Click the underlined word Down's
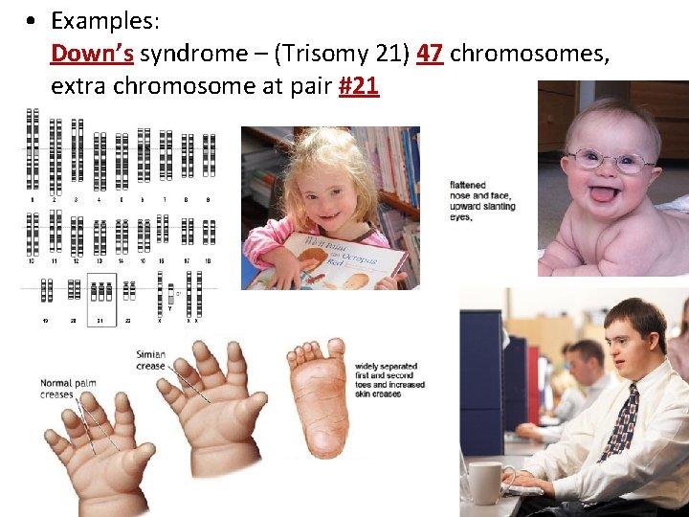[92, 53]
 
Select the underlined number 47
[430, 53]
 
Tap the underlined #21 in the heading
[359, 85]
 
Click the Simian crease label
[150, 360]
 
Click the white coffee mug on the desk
[486, 482]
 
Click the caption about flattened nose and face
[482, 200]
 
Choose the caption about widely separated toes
[389, 380]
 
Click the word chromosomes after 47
[529, 53]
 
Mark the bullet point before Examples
[33, 21]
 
